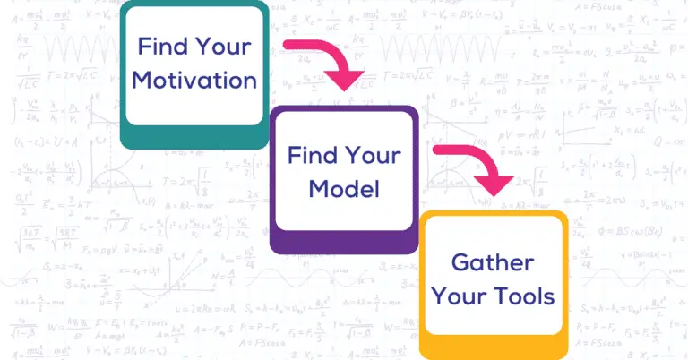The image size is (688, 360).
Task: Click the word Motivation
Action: [x=195, y=80]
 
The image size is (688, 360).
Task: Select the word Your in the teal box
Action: [x=223, y=46]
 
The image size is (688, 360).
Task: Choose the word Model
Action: [x=345, y=188]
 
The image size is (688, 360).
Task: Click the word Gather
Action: [x=493, y=263]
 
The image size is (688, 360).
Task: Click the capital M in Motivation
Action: [x=142, y=80]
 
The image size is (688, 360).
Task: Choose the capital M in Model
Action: [x=318, y=188]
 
